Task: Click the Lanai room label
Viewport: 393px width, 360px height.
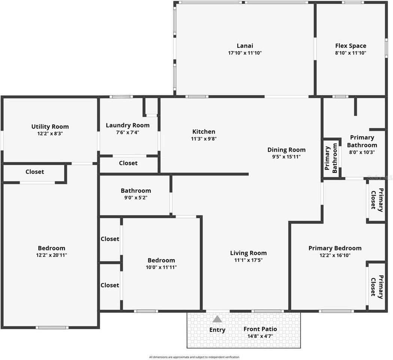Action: pyautogui.click(x=245, y=46)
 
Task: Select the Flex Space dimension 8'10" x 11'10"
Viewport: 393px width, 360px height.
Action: pyautogui.click(x=351, y=53)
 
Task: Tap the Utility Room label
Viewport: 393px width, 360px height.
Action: pyautogui.click(x=50, y=126)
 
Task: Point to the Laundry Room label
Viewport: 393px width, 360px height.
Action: pyautogui.click(x=127, y=125)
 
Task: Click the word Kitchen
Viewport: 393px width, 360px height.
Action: pyautogui.click(x=204, y=132)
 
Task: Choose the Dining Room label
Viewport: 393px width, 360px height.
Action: pyautogui.click(x=286, y=150)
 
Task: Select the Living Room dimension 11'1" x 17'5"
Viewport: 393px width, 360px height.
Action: pyautogui.click(x=248, y=260)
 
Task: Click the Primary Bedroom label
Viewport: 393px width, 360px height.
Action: pyautogui.click(x=335, y=248)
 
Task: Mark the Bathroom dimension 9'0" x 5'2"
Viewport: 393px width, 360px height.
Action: pyautogui.click(x=136, y=198)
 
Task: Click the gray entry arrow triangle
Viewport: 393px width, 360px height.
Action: pyautogui.click(x=217, y=319)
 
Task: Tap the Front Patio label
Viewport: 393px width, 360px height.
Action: pyautogui.click(x=260, y=329)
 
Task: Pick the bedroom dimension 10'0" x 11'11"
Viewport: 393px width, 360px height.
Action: pyautogui.click(x=161, y=267)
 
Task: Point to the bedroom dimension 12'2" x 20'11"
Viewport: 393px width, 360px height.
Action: pyautogui.click(x=51, y=255)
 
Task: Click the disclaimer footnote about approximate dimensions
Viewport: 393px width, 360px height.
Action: pyautogui.click(x=194, y=357)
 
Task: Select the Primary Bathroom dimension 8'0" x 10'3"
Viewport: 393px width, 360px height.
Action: pyautogui.click(x=362, y=152)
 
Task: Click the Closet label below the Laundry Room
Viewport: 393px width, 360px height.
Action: pyautogui.click(x=128, y=163)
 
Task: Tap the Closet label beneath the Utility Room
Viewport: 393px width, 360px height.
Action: pyautogui.click(x=34, y=172)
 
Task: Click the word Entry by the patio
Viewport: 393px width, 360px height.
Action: pyautogui.click(x=217, y=330)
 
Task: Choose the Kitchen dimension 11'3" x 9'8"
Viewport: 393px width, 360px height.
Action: pyautogui.click(x=204, y=138)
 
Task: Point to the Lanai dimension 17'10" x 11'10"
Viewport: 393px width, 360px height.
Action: pyautogui.click(x=245, y=53)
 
